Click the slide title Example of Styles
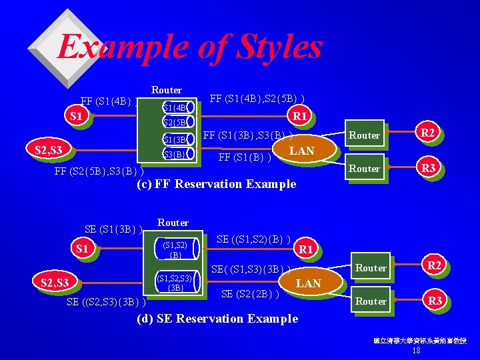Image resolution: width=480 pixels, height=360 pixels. pos(189,47)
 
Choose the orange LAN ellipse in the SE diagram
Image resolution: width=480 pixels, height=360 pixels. pos(308,283)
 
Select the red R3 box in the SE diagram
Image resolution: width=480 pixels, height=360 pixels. pos(435,301)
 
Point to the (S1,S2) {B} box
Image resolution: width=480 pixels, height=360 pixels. pos(175,249)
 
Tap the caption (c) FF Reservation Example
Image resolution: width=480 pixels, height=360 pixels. pos(216,184)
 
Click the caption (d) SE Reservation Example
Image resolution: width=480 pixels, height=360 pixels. pos(217,319)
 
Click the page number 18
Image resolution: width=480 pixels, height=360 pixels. pos(417,351)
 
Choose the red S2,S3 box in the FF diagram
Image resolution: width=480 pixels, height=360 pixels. pos(48,151)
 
